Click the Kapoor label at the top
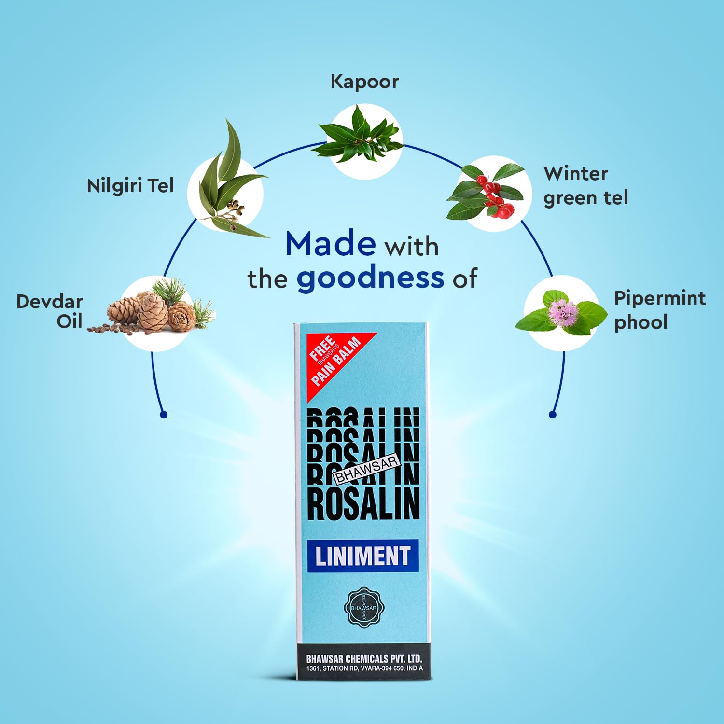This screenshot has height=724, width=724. [x=364, y=82]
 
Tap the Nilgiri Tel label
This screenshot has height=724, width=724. [x=130, y=186]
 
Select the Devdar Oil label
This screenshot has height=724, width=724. [x=50, y=311]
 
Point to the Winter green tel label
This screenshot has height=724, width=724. [x=585, y=186]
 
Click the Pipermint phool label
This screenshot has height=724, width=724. [x=659, y=310]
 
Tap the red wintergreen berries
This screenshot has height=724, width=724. [x=495, y=198]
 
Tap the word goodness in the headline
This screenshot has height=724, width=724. [x=370, y=278]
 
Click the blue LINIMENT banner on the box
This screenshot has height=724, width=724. [x=363, y=556]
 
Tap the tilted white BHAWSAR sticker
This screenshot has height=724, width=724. [x=367, y=469]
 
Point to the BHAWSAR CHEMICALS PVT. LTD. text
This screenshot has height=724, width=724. [x=364, y=659]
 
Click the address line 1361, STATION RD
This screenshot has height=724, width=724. [x=364, y=668]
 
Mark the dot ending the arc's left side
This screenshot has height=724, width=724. [x=164, y=414]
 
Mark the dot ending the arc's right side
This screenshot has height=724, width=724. [x=553, y=414]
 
